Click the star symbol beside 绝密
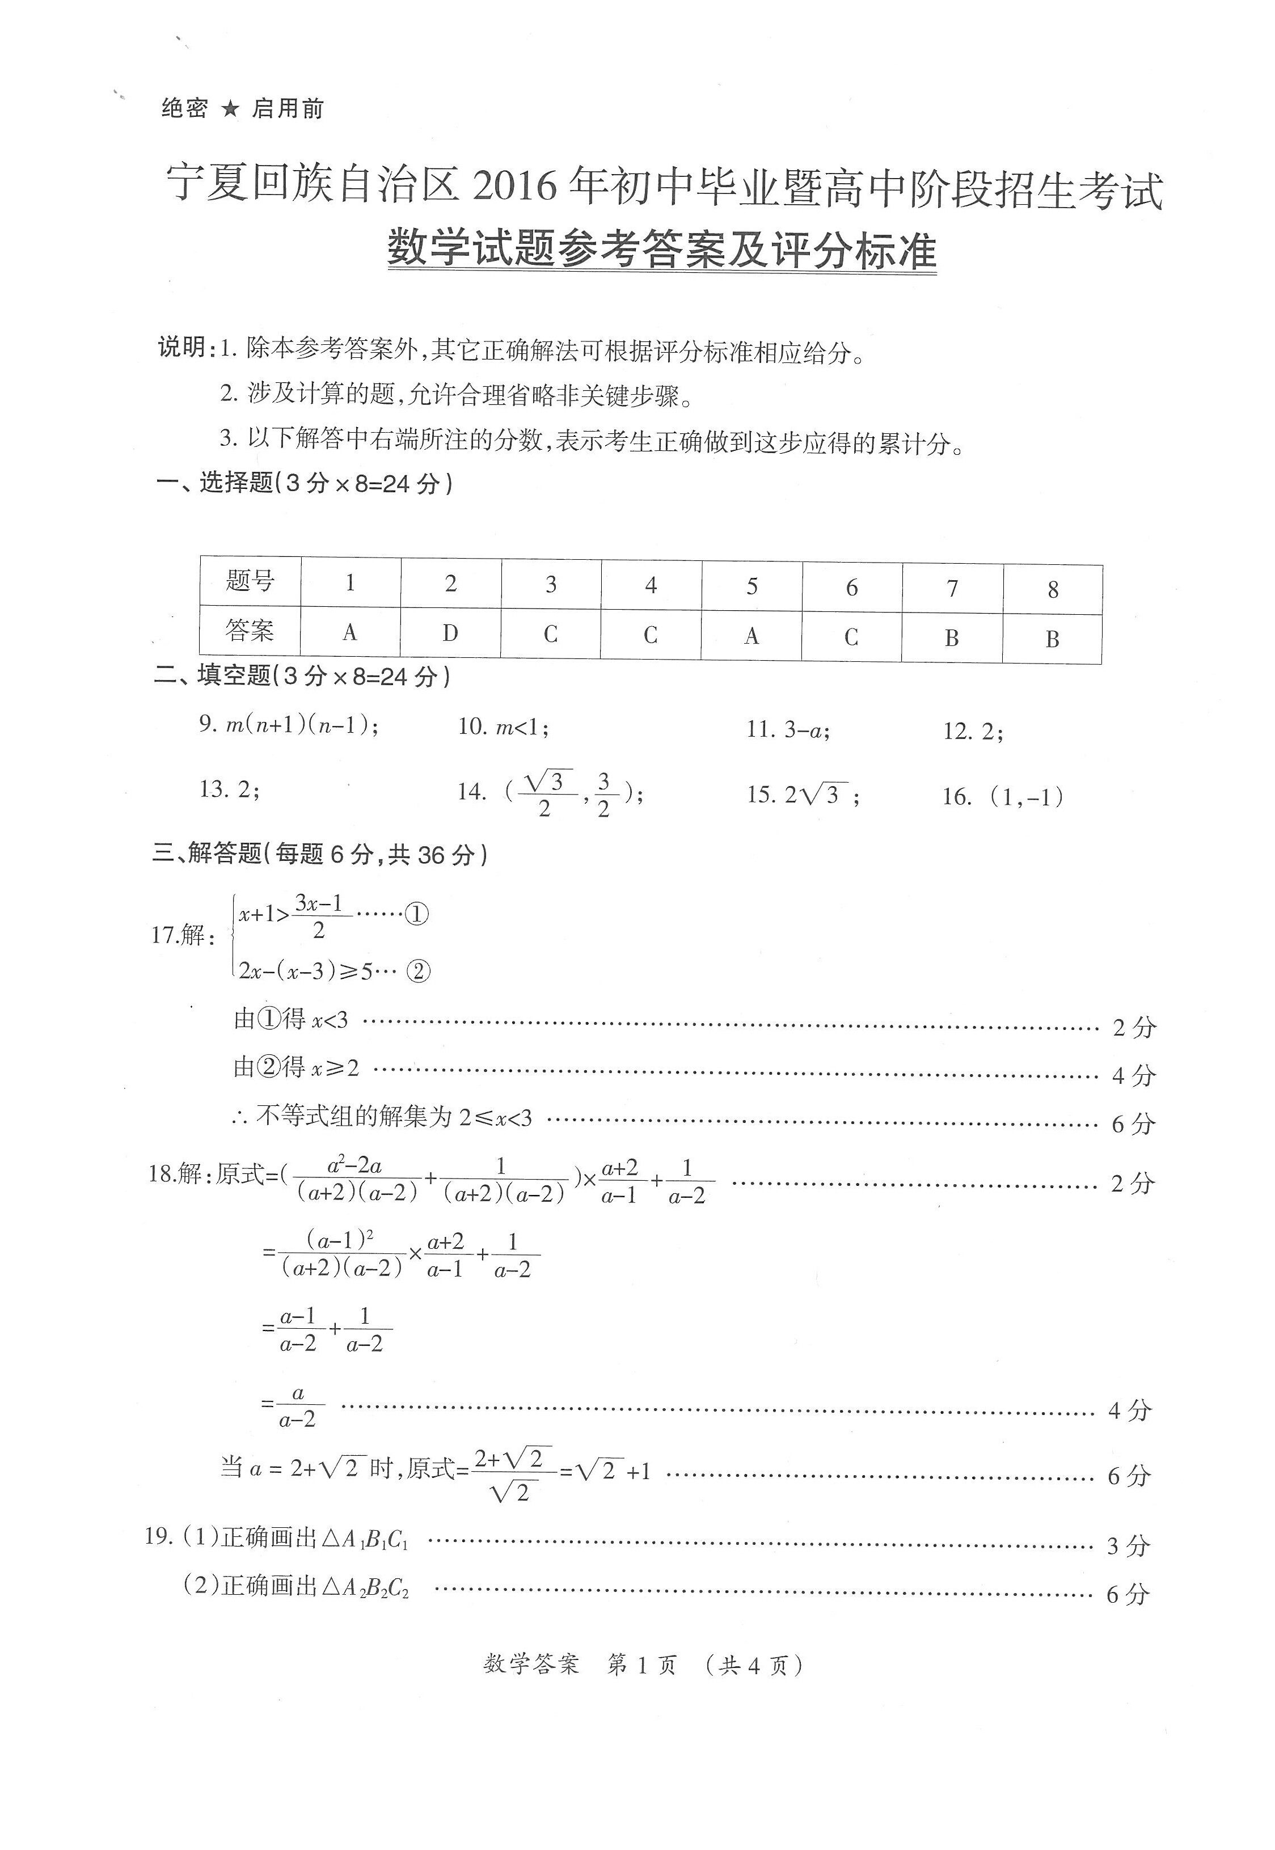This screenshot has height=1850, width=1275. pyautogui.click(x=230, y=109)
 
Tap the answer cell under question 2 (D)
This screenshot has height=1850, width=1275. pyautogui.click(x=450, y=633)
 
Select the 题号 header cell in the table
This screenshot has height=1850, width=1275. pyautogui.click(x=250, y=581)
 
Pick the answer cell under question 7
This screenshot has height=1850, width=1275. pyautogui.click(x=952, y=637)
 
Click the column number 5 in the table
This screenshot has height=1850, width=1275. pyautogui.click(x=752, y=586)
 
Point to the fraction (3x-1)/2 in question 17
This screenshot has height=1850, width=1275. pyautogui.click(x=319, y=916)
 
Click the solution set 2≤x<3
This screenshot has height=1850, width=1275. pyautogui.click(x=495, y=1117)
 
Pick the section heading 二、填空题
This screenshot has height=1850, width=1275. pyautogui.click(x=213, y=676)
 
